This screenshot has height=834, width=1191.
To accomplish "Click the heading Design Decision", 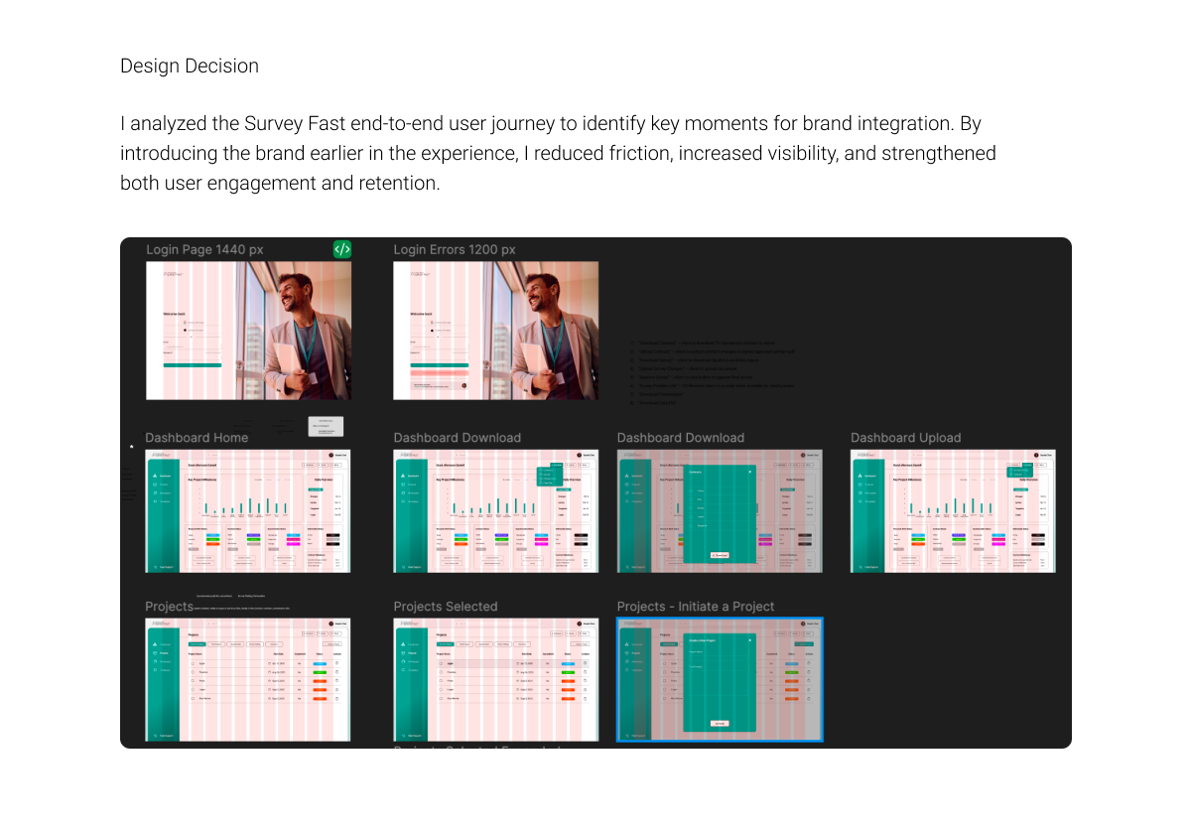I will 190,67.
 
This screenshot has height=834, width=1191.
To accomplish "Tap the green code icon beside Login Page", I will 341,249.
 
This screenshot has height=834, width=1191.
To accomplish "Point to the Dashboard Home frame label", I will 197,438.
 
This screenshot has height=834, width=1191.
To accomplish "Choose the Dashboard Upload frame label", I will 905,438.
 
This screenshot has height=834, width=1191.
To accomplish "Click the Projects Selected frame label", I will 446,607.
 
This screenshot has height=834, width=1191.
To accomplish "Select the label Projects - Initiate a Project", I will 696,607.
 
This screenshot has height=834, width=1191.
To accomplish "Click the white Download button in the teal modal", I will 720,555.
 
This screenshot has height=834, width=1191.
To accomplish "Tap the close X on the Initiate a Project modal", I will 750,640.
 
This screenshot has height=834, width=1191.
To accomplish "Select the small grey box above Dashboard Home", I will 326,426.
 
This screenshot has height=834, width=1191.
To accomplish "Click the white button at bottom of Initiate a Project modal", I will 720,724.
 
